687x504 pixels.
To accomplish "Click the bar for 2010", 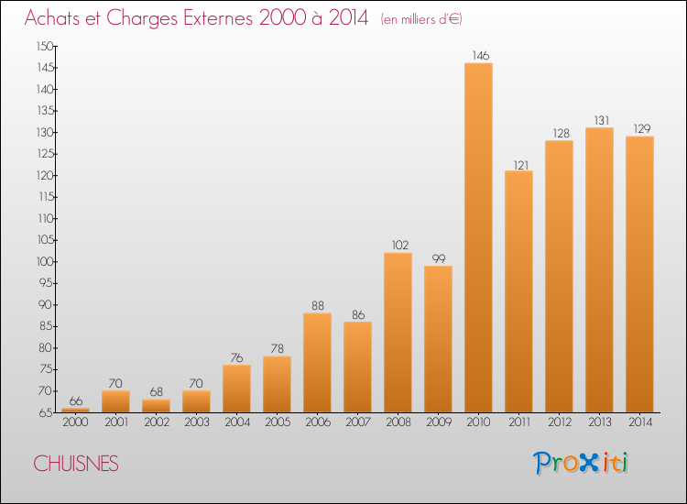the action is coord(478,237).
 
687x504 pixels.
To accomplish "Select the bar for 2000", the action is coord(75,411).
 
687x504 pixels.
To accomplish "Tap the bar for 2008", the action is coord(398,333).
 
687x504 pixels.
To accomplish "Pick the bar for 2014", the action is coord(639,274).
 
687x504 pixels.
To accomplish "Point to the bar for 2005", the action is coord(277,384).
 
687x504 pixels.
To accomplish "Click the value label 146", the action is coord(481,56).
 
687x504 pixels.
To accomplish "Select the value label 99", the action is coord(439,258).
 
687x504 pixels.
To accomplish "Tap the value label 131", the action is coord(602,121).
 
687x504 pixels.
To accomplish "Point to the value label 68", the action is coord(157,392).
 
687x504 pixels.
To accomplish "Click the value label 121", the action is coord(521,165).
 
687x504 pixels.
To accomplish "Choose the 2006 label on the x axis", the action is coord(318,422).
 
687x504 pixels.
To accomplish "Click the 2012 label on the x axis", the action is coord(560,422).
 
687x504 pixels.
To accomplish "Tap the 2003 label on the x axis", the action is coord(197,422).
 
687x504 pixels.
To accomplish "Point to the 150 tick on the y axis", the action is coord(45,47).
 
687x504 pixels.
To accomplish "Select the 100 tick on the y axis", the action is coord(45,262).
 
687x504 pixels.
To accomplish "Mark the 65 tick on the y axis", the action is coord(47,413).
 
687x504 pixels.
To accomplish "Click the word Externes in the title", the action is coord(218,17).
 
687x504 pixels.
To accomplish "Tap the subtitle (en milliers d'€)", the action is coord(421,19).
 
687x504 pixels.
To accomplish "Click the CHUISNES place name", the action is coord(76,464).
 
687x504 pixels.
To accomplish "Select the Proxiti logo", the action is coord(581,463).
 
